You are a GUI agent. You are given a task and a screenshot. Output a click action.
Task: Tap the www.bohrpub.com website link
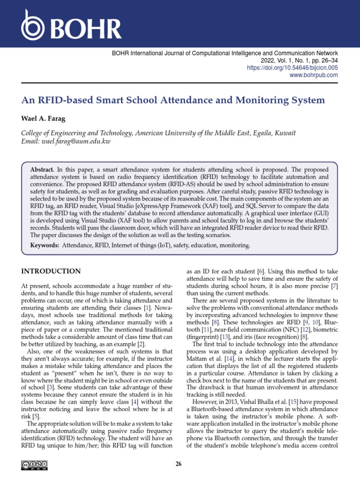(x=314, y=75)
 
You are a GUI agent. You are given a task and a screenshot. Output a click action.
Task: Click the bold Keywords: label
(x=45, y=245)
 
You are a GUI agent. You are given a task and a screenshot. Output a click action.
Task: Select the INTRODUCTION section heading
(x=51, y=271)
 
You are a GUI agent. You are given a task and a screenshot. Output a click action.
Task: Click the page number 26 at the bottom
(x=178, y=464)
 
